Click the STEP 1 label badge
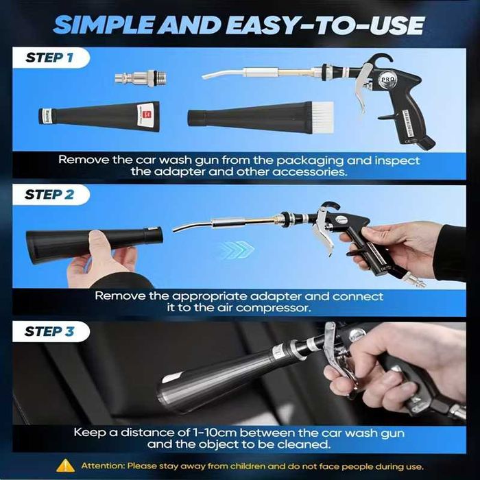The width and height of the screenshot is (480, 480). click(x=51, y=58)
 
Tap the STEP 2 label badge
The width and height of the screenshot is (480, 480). click(x=51, y=195)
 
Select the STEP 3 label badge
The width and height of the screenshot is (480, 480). click(x=51, y=331)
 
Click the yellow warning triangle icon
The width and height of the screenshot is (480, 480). click(x=66, y=466)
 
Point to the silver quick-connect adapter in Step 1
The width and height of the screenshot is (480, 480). click(x=141, y=78)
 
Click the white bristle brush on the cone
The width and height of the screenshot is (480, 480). click(x=323, y=117)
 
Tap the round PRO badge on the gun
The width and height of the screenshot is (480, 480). click(x=388, y=80)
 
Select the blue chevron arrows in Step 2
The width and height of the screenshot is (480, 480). click(x=237, y=250)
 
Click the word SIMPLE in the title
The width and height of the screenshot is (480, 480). click(x=104, y=25)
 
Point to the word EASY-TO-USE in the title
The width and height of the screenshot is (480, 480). click(x=325, y=25)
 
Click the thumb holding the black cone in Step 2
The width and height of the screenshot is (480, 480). click(x=100, y=247)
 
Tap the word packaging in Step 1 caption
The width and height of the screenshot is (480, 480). click(x=309, y=160)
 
